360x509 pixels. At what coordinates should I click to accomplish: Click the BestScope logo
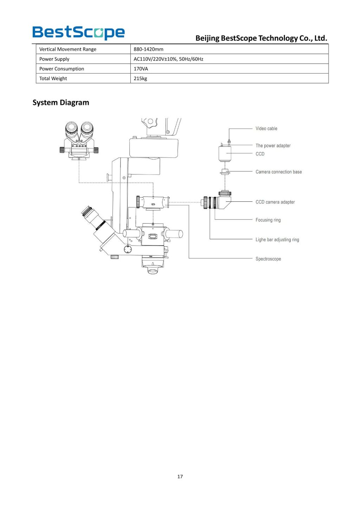78,32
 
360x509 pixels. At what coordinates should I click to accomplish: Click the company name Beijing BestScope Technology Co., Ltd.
261,38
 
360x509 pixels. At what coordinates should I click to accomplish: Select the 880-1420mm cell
148,49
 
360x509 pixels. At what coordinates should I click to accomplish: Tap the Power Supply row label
54,59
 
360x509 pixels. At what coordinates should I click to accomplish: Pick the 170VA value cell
141,69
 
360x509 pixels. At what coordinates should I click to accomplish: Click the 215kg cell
140,78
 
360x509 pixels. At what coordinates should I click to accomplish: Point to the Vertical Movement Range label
67,49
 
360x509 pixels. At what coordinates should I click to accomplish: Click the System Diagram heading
61,103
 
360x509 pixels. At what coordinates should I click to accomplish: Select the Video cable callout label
266,129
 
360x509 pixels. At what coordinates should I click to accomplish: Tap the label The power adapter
273,146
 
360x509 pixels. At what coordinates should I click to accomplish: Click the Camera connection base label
278,172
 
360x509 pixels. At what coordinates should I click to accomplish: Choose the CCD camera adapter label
275,202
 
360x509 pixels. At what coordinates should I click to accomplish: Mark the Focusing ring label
268,220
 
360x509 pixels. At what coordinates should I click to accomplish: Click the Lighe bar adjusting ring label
277,240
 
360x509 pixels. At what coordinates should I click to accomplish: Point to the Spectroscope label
268,259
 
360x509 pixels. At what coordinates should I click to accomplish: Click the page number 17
180,477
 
